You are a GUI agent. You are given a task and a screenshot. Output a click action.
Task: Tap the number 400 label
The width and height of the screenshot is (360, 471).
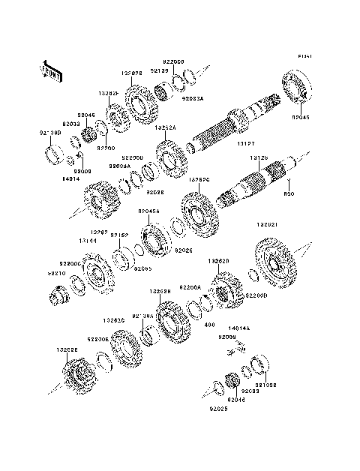(x=209, y=325)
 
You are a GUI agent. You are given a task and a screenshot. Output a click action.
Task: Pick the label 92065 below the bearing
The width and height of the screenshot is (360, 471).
(x=143, y=268)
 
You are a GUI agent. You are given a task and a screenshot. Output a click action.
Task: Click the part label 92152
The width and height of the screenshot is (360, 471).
(x=121, y=235)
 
